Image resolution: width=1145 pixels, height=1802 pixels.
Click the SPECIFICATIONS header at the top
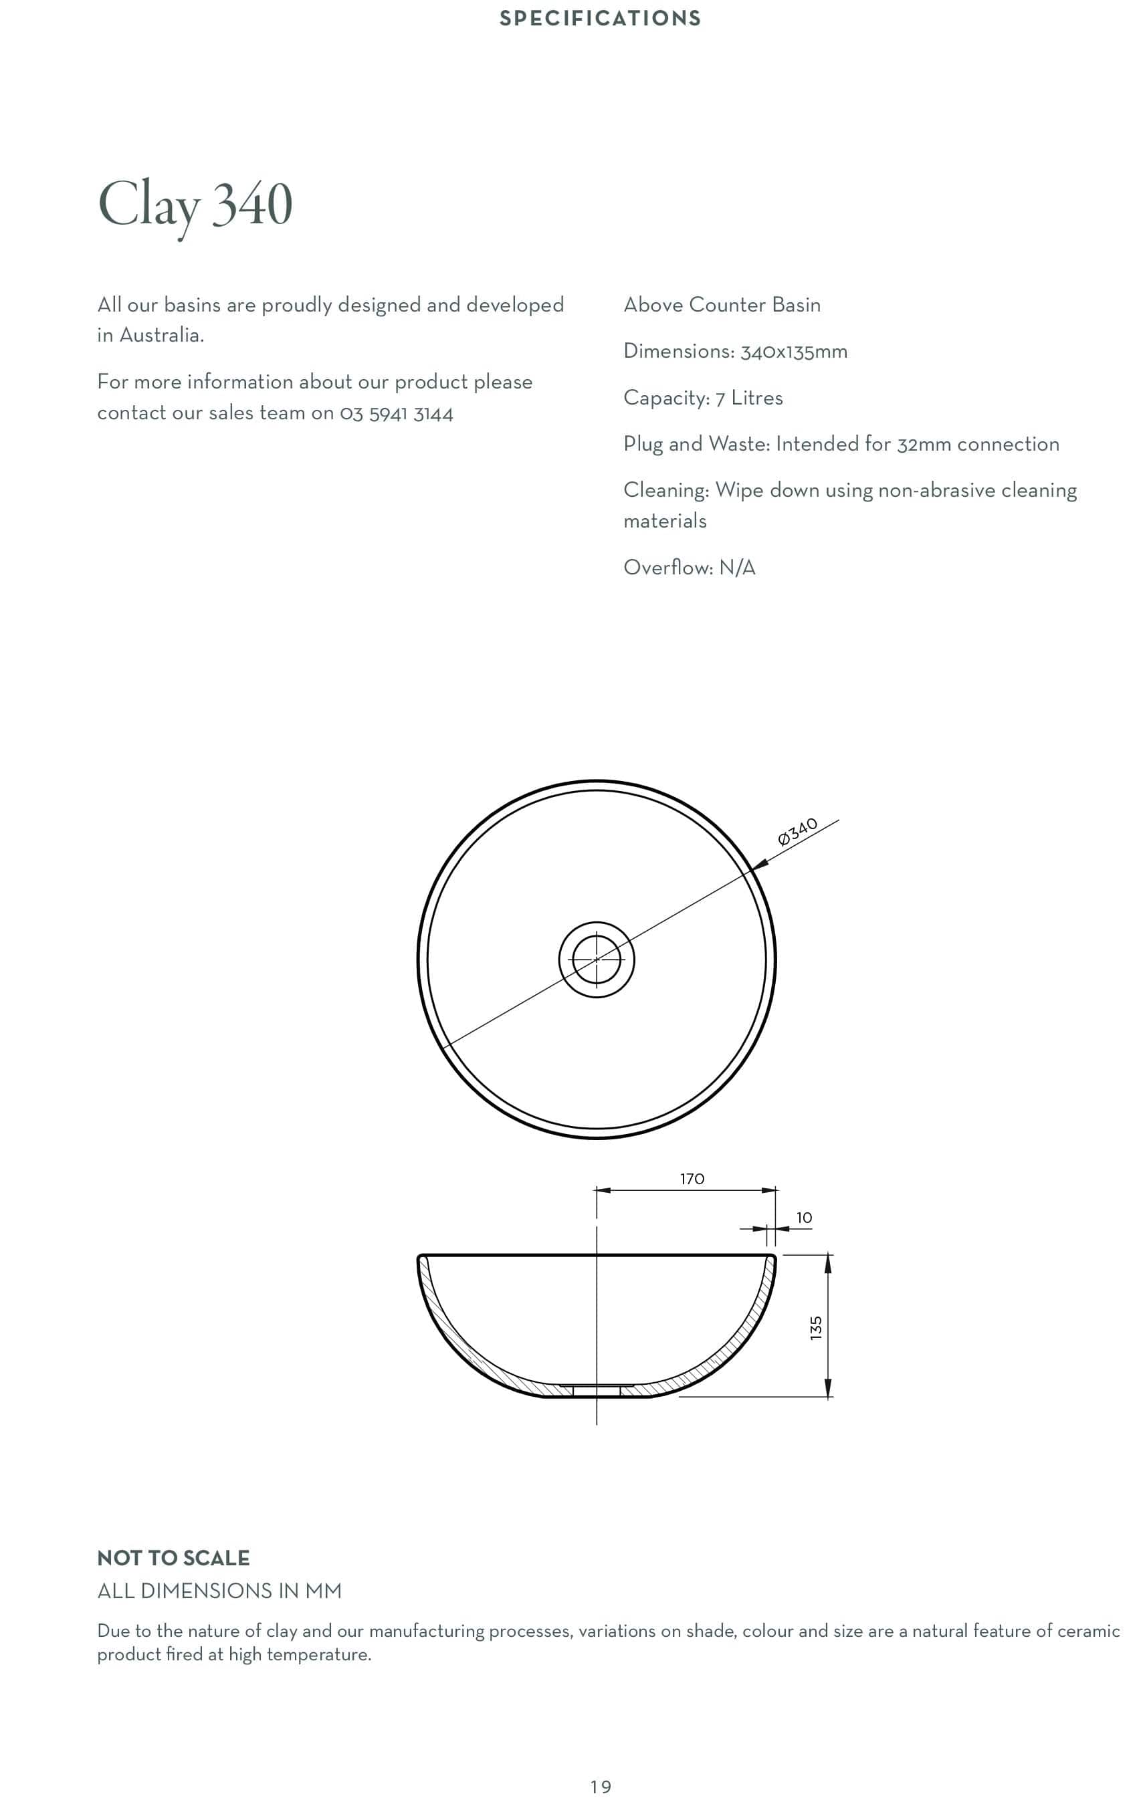(599, 18)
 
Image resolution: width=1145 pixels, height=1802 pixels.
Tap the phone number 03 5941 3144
(396, 414)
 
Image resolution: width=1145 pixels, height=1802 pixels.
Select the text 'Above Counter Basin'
(722, 305)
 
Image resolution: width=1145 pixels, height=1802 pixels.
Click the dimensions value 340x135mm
(793, 352)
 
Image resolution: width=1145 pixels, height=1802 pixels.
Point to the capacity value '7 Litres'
(748, 398)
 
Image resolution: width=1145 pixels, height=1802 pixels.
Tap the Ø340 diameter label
(797, 831)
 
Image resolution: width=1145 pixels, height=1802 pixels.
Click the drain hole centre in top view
(597, 959)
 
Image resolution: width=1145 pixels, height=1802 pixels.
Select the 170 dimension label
(692, 1179)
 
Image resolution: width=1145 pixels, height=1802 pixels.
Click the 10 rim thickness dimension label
(804, 1218)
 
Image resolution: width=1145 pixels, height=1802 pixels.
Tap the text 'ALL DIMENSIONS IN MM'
(219, 1591)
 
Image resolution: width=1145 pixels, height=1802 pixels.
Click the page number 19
(600, 1787)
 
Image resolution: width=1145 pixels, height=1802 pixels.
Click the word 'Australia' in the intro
(160, 335)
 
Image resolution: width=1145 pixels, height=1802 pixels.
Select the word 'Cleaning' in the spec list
(665, 490)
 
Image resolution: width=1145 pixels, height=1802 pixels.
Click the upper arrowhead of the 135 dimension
(828, 1263)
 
